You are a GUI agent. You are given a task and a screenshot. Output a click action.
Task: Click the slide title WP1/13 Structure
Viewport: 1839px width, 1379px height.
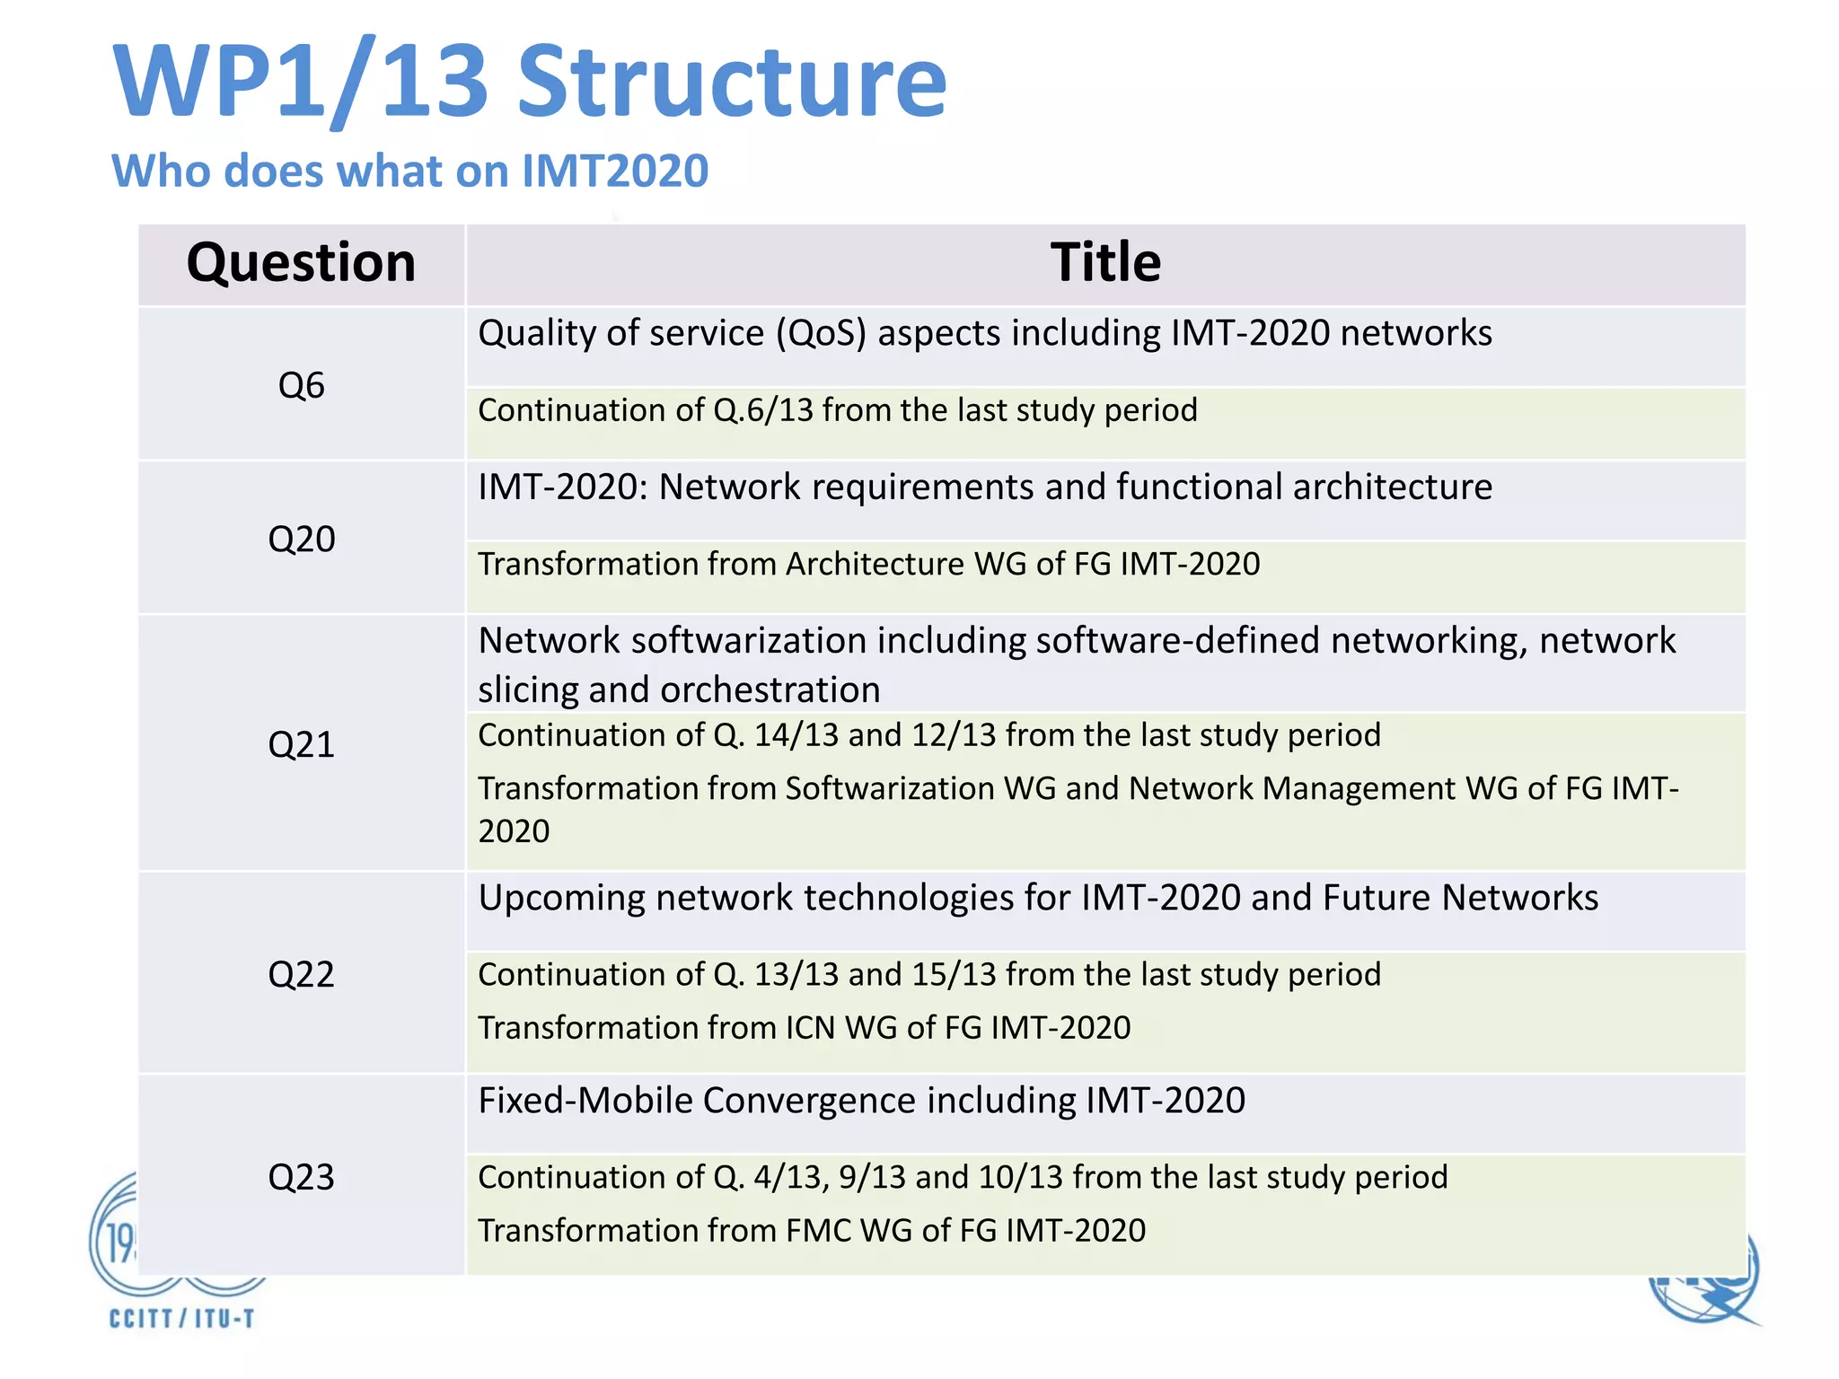(x=530, y=83)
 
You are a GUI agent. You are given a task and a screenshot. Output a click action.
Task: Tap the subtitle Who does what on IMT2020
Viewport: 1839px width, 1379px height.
(x=409, y=171)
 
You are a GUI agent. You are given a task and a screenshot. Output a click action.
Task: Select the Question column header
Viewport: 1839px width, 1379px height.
(x=301, y=263)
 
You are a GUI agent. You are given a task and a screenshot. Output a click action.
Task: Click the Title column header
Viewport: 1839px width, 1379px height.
(x=1105, y=263)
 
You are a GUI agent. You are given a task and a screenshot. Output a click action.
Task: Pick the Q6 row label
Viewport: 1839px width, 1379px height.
(x=301, y=385)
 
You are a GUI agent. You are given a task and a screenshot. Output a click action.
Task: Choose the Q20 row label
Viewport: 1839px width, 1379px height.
(x=301, y=539)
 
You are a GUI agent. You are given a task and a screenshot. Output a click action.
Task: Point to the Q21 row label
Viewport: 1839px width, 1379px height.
(x=301, y=744)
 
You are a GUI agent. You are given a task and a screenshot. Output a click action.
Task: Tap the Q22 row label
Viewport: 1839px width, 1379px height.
(x=301, y=974)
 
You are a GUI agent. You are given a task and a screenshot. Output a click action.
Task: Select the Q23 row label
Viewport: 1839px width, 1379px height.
(x=301, y=1177)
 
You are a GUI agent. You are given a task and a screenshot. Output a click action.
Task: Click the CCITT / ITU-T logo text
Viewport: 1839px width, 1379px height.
(x=182, y=1318)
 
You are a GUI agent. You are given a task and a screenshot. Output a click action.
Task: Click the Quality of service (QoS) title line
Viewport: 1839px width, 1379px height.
(x=984, y=333)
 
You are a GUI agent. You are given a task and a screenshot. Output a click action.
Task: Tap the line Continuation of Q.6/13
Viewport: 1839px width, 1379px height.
(x=837, y=410)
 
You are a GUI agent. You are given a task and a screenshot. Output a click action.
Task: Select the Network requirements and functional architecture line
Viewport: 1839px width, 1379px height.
(x=984, y=487)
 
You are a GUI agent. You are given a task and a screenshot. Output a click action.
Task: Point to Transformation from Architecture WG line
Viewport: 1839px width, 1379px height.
(x=868, y=564)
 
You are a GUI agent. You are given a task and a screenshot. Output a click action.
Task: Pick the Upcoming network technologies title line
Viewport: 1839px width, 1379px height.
(x=1037, y=898)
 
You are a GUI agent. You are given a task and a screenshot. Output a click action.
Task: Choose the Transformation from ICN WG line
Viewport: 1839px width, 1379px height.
(x=804, y=1028)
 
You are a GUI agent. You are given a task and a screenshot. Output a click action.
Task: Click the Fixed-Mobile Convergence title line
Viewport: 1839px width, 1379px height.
(x=861, y=1101)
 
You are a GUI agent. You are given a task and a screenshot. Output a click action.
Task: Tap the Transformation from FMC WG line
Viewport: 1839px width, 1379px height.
(x=811, y=1231)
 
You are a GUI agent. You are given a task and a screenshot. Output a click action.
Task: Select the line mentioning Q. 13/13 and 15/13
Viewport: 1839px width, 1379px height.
(x=928, y=975)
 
